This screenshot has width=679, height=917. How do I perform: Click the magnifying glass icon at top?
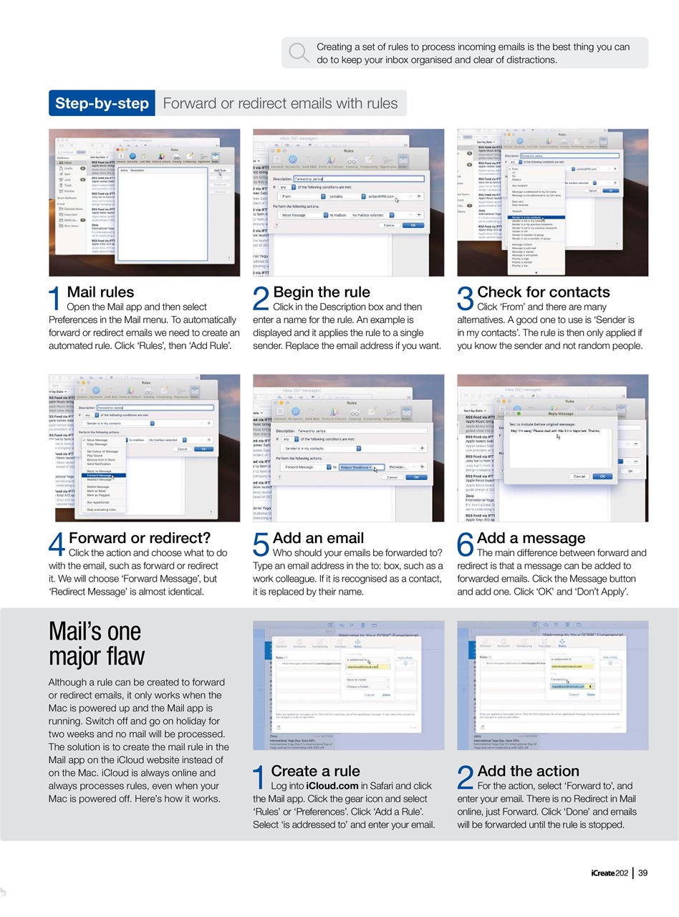(298, 52)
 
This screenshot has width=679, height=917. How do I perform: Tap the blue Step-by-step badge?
(102, 103)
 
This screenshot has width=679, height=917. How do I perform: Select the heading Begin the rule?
(322, 292)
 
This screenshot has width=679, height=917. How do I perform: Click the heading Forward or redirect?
(140, 538)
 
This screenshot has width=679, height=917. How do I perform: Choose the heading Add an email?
(318, 538)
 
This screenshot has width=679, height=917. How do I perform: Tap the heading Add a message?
(531, 538)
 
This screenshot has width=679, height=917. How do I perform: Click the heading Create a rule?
(315, 772)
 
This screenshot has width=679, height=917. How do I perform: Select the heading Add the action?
(528, 772)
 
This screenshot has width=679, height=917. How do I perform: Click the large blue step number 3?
(466, 300)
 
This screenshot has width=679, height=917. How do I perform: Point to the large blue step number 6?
(466, 546)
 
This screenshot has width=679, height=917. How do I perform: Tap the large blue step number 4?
(57, 546)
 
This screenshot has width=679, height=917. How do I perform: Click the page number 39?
(642, 873)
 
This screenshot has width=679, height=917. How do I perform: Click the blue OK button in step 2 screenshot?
(412, 225)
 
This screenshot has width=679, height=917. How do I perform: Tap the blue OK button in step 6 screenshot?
(602, 476)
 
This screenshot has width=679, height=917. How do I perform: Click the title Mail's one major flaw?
(96, 644)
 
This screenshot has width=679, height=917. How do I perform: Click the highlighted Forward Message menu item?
(100, 475)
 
